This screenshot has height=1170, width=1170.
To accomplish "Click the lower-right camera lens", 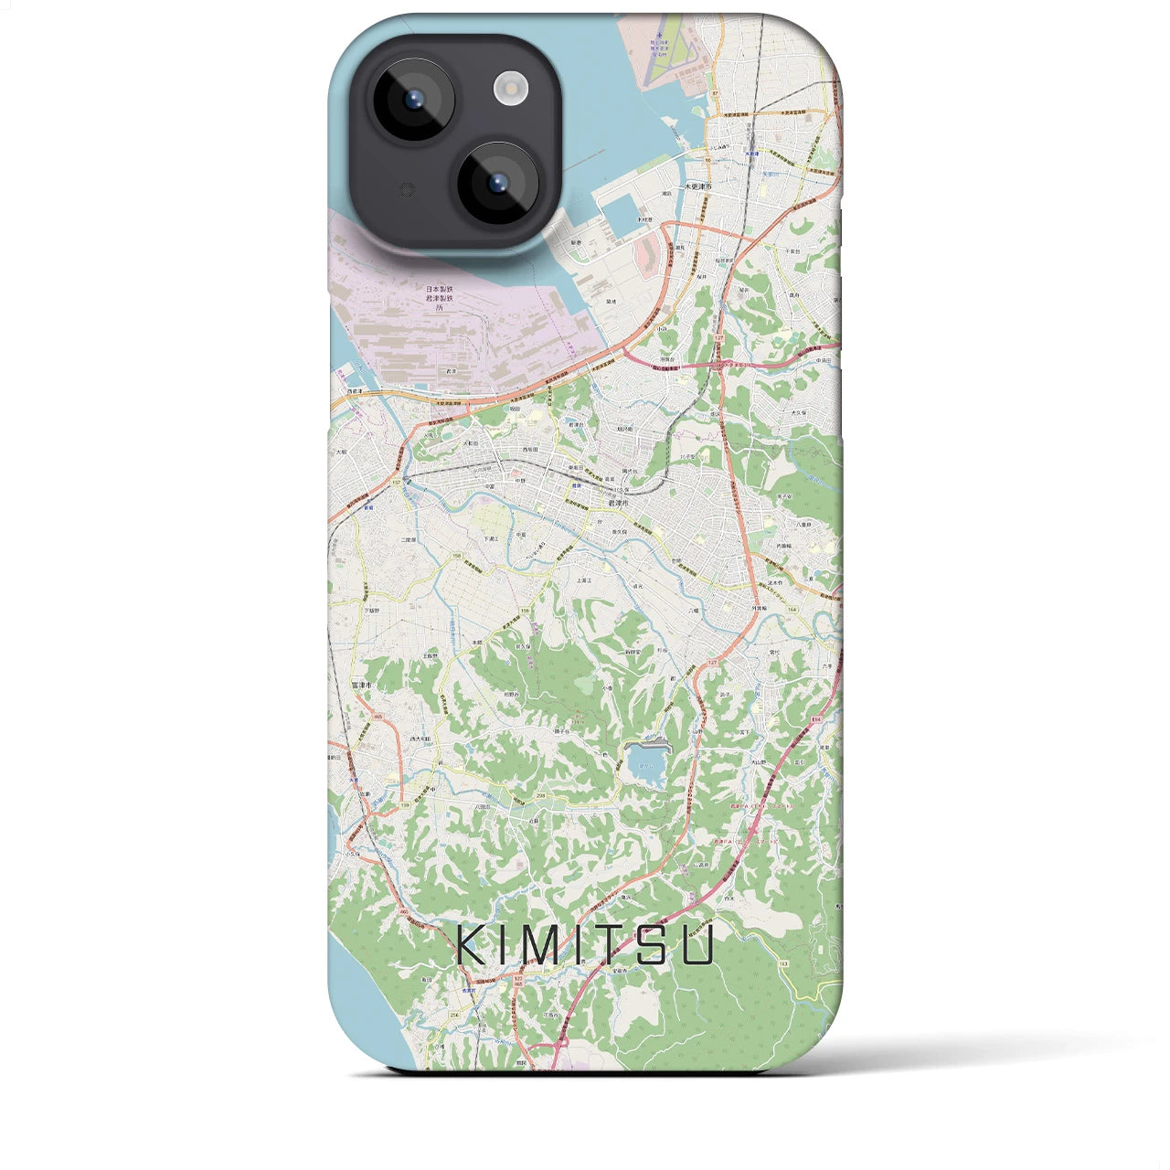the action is point(497,182).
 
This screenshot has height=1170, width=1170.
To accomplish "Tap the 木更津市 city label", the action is point(729,186).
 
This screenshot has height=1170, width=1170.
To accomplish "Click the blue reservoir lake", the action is point(645,762).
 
